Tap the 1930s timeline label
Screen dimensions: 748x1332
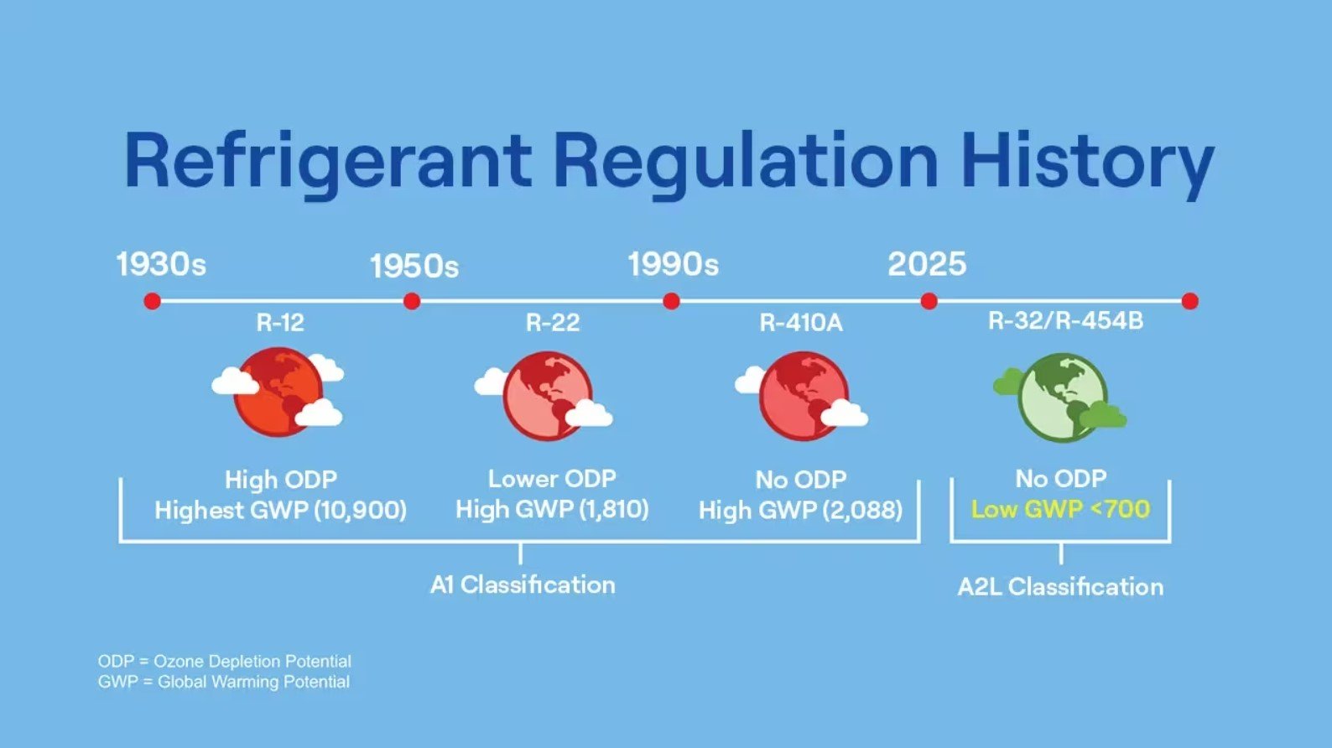coord(161,264)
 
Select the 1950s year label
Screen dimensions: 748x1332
coord(414,266)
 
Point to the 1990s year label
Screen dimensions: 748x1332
coord(673,264)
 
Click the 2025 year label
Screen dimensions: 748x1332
coord(927,264)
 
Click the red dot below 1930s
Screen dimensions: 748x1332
coord(152,301)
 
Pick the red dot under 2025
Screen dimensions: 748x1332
coord(929,301)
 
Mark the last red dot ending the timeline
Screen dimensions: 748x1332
coord(1189,301)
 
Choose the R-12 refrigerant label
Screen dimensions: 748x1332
coord(280,323)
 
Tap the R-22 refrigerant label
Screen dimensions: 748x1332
coord(553,323)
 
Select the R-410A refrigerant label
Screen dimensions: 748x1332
coord(801,323)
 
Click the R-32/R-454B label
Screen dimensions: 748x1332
coord(1065,321)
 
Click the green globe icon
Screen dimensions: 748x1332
coord(1062,397)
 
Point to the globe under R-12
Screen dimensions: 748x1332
coord(278,392)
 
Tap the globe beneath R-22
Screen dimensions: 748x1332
coord(547,395)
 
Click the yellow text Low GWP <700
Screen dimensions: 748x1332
coord(1060,509)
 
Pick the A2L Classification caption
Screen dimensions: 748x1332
coord(1060,586)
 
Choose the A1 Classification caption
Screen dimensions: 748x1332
coord(523,584)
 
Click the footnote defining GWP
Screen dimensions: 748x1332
coord(224,682)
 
